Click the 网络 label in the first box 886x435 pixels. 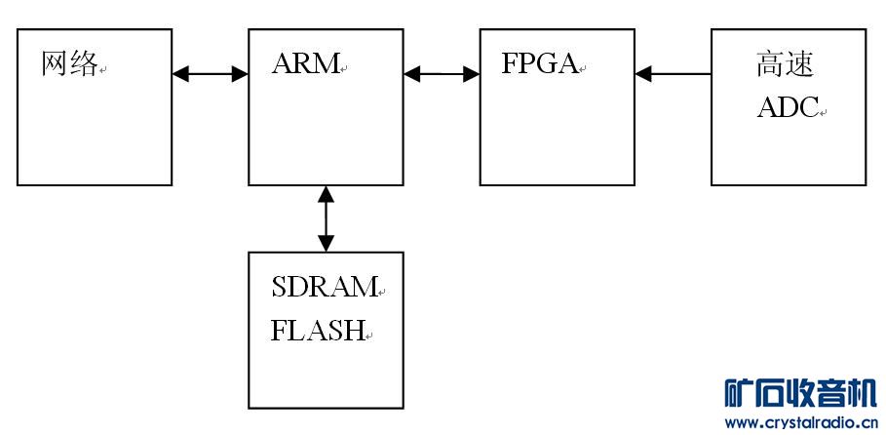coord(70,64)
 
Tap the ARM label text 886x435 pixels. coord(305,64)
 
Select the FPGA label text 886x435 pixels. coord(539,64)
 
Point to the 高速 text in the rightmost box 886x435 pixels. coord(785,65)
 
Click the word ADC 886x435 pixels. coord(788,107)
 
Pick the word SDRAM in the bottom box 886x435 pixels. coord(324,287)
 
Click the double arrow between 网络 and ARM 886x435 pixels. coord(210,73)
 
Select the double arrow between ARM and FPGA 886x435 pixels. coord(442,73)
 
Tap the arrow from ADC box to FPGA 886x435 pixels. coord(673,73)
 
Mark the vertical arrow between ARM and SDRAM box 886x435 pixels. coord(326,218)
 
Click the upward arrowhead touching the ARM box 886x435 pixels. coord(326,194)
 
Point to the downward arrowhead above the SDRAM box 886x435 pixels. coord(326,243)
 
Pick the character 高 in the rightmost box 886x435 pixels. coord(770,65)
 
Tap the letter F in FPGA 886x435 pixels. coord(510,64)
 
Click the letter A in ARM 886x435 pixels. coord(282,64)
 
